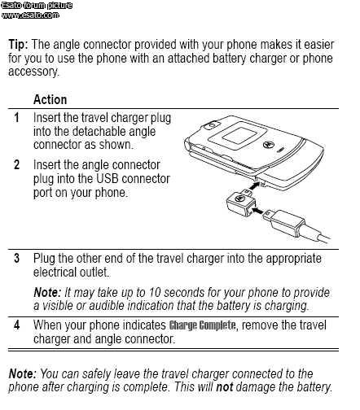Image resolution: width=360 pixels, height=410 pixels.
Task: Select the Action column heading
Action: (50, 99)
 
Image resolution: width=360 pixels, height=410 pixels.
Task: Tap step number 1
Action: (17, 118)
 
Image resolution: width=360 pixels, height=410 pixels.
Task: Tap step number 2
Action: (17, 165)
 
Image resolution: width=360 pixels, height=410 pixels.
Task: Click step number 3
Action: (17, 258)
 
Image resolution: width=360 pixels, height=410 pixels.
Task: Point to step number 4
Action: (17, 325)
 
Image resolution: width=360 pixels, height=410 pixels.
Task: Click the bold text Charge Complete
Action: (203, 325)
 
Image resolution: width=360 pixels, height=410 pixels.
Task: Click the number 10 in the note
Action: (155, 293)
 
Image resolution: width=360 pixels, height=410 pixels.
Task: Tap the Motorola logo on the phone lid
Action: (267, 144)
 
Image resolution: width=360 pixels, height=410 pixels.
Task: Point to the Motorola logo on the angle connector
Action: (239, 198)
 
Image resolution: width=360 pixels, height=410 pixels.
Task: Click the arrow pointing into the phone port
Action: (254, 186)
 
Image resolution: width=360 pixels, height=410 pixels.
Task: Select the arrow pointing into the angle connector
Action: (258, 211)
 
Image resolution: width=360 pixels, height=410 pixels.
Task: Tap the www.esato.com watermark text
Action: (30, 15)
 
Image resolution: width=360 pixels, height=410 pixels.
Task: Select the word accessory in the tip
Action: (33, 72)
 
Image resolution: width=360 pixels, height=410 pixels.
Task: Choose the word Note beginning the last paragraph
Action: (22, 374)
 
